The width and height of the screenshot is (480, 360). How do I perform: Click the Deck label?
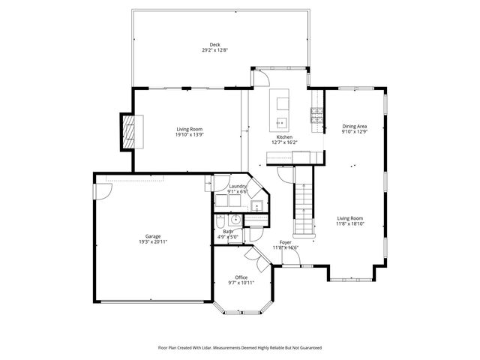pyautogui.click(x=214, y=44)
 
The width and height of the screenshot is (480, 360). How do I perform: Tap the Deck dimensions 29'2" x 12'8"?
pyautogui.click(x=214, y=50)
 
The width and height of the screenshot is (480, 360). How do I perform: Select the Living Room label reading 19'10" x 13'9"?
pyautogui.click(x=189, y=132)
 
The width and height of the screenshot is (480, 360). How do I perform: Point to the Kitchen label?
pyautogui.click(x=283, y=137)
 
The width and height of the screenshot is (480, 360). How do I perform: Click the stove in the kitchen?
pyautogui.click(x=316, y=115)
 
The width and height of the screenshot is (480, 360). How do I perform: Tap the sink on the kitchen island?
pyautogui.click(x=282, y=122)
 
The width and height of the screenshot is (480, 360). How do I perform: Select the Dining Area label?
pyautogui.click(x=354, y=126)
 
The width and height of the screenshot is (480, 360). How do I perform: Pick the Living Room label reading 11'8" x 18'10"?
pyautogui.click(x=349, y=221)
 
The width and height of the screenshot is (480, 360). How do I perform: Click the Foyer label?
pyautogui.click(x=285, y=242)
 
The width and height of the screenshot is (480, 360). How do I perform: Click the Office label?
pyautogui.click(x=241, y=277)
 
